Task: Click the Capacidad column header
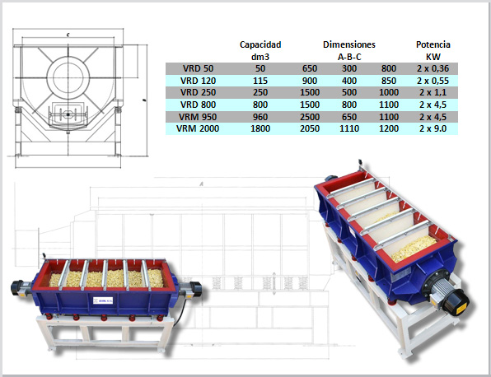[x=260, y=44]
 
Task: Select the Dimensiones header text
[x=348, y=44]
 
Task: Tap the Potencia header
[x=433, y=44]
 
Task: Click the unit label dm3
[x=260, y=56]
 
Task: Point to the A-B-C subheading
[x=348, y=56]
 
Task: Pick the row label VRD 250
[x=199, y=92]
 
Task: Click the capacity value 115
[x=260, y=81]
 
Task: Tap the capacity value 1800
[x=260, y=128]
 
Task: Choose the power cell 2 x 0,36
[x=433, y=68]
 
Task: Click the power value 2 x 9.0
[x=433, y=128]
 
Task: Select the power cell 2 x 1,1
[x=433, y=92]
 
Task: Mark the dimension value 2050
[x=310, y=128]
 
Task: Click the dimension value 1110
[x=349, y=128]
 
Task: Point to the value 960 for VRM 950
[x=260, y=117]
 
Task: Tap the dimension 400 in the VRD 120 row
[x=349, y=81]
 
